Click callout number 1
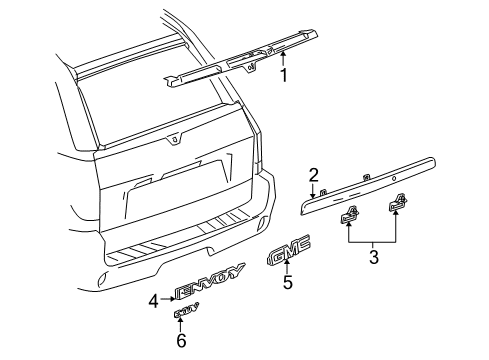(x=285, y=76)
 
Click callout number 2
(x=313, y=175)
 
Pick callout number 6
(x=182, y=340)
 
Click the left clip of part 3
(x=350, y=215)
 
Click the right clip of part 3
(x=396, y=206)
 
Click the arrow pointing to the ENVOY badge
(x=167, y=298)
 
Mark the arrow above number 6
(x=182, y=326)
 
